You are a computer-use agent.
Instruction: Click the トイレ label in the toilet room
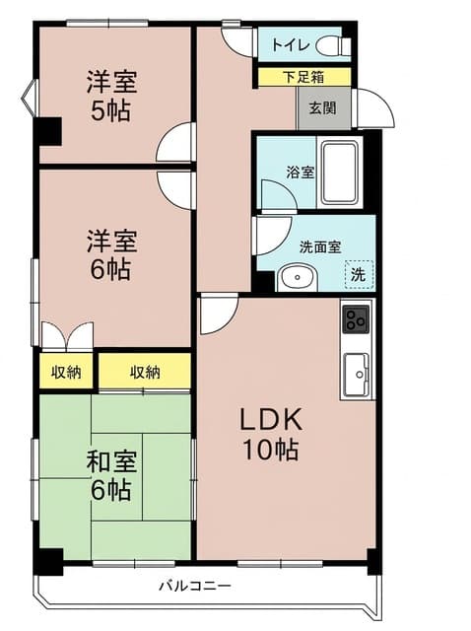tap(291, 45)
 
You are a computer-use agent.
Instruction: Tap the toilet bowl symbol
tap(333, 46)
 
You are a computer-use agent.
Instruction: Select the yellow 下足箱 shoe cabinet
tap(304, 77)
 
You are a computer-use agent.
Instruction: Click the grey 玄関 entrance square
tap(323, 107)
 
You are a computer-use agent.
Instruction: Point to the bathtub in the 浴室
tap(340, 173)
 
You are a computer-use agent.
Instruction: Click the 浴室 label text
tap(301, 173)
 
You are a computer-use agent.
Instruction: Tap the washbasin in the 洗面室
tap(297, 278)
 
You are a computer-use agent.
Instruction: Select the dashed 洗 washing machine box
tap(360, 274)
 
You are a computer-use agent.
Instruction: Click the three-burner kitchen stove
tap(356, 319)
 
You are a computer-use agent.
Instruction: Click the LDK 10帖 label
tap(270, 434)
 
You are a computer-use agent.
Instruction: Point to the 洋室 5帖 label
tap(111, 96)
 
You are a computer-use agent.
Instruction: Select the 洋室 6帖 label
tap(111, 254)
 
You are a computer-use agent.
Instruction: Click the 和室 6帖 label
tap(111, 475)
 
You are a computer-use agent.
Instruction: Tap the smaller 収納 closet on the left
tap(66, 372)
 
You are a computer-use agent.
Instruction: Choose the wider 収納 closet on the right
tap(145, 372)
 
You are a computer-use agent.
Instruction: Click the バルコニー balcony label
tap(195, 585)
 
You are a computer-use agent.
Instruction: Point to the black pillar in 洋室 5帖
tap(47, 131)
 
